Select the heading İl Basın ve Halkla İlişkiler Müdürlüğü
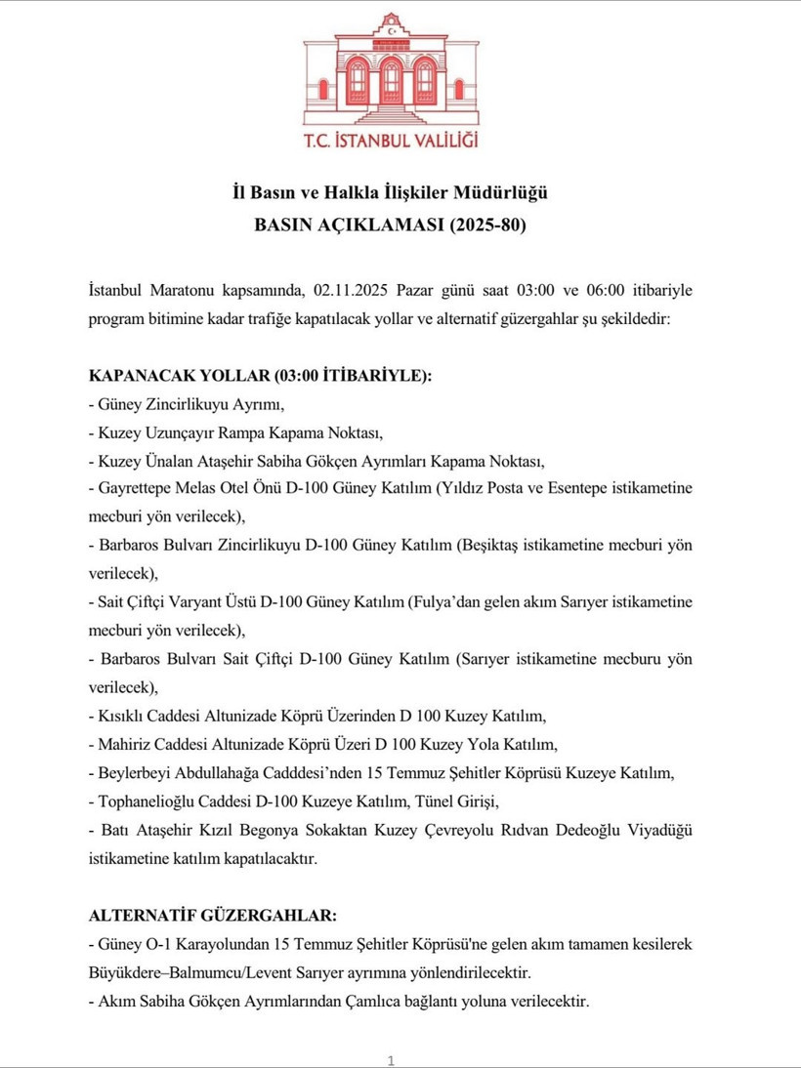click(400, 192)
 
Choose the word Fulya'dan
click(443, 602)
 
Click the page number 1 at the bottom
click(391, 1060)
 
